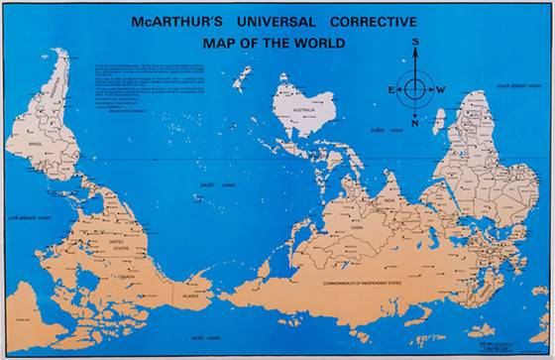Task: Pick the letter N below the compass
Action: point(415,123)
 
